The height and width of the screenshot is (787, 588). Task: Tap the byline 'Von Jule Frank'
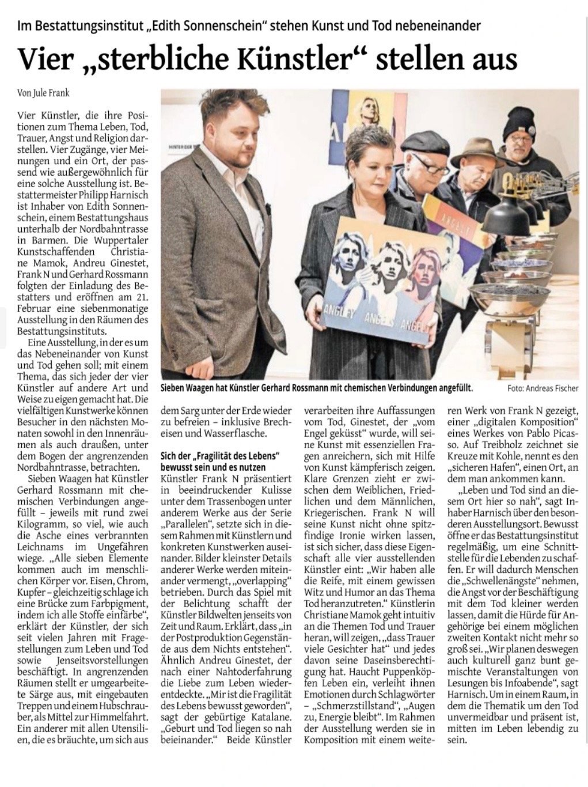point(44,92)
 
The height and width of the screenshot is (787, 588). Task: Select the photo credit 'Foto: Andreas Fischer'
point(543,388)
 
